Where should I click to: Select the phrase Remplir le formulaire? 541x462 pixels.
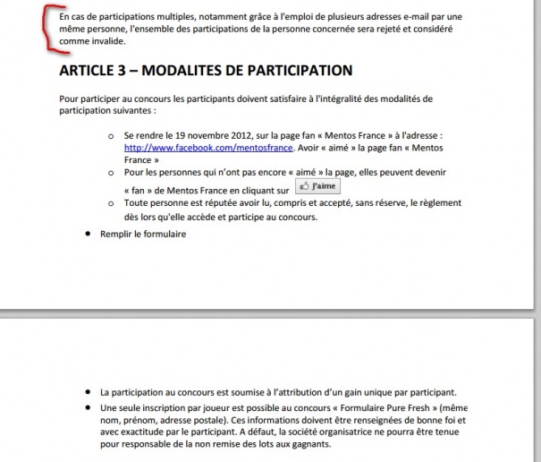[142, 235]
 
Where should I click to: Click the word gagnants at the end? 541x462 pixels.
[310, 443]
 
